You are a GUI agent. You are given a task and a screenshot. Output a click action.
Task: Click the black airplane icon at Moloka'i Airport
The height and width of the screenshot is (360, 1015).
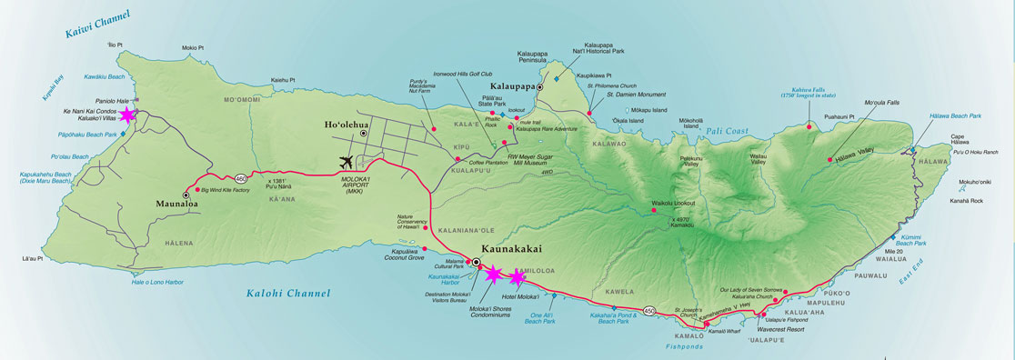click(347, 162)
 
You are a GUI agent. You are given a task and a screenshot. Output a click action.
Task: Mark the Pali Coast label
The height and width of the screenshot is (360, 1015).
click(727, 132)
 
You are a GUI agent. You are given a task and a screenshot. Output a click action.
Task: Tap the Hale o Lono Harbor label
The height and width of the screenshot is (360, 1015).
click(157, 282)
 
